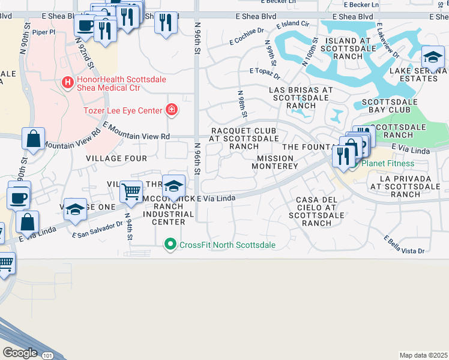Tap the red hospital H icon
tap(68, 80)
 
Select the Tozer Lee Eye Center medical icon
tap(172, 109)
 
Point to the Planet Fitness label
tap(387, 163)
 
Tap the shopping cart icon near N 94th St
tap(131, 192)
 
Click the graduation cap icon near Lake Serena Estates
tap(433, 58)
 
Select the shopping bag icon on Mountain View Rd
tap(34, 138)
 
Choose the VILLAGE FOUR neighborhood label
tap(116, 158)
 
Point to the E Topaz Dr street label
tap(265, 73)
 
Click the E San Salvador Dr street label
tap(98, 227)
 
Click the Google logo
tap(20, 353)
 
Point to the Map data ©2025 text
tap(423, 355)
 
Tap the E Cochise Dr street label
tap(247, 36)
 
